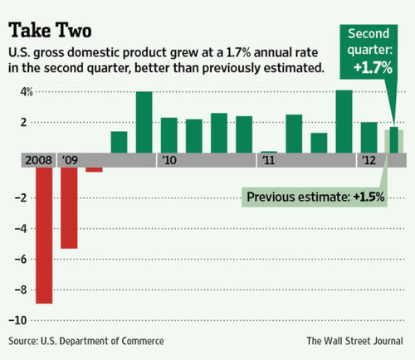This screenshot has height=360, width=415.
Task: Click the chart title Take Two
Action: tap(50, 30)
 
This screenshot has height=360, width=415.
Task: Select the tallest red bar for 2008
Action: tap(44, 236)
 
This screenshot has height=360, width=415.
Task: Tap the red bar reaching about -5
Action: tap(69, 208)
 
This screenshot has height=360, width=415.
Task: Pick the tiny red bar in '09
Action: tap(94, 169)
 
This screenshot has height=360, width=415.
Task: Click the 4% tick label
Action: tap(27, 92)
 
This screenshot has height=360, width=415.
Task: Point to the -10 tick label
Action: tap(17, 320)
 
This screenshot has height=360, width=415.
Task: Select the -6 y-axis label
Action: tap(21, 260)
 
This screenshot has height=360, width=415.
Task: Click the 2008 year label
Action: tap(38, 160)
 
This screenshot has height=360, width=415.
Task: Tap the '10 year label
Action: tap(169, 160)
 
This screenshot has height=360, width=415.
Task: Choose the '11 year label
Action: tap(268, 160)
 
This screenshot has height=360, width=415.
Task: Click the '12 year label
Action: tap(369, 160)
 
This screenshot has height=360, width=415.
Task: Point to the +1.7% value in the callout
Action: tap(373, 68)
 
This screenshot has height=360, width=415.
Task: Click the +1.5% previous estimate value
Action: tap(369, 197)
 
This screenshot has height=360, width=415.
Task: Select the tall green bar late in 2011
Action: tap(344, 122)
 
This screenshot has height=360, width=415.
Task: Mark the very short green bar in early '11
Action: tap(269, 152)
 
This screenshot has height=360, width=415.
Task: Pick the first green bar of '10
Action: tap(169, 135)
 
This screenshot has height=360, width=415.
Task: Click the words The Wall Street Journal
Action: tap(354, 341)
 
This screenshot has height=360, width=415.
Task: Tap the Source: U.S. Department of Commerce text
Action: tap(86, 341)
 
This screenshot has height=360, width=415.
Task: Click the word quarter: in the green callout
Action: tap(370, 51)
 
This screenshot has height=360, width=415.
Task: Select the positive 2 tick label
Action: tap(24, 122)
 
